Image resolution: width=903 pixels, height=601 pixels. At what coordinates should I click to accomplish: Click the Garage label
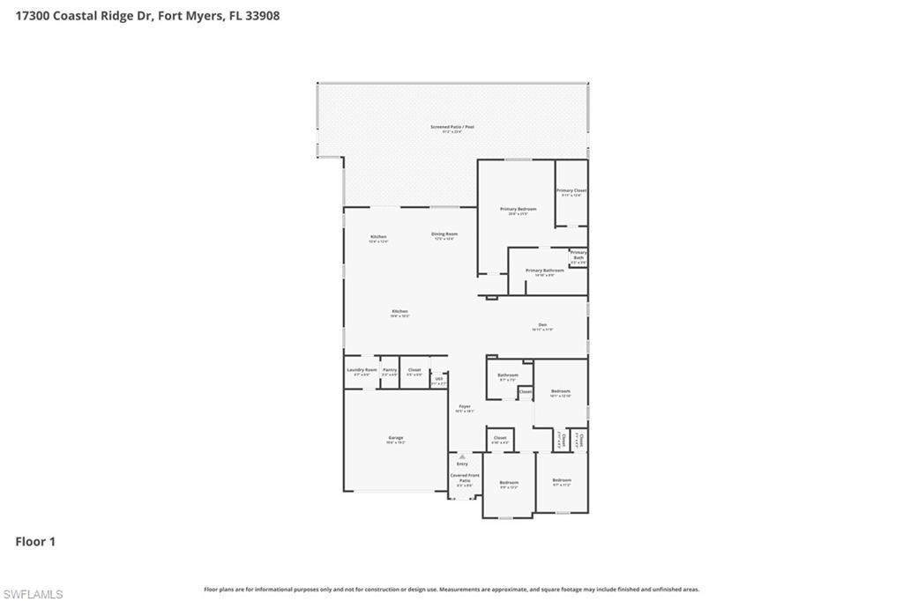396,438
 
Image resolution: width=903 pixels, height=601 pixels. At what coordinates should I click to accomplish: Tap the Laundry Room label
362,370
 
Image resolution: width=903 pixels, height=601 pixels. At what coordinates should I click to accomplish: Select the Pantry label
390,370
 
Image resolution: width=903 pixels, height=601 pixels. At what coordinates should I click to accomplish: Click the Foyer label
465,406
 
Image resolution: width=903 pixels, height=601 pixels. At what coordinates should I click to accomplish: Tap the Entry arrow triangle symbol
462,456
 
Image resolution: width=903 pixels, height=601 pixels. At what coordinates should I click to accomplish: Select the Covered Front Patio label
464,478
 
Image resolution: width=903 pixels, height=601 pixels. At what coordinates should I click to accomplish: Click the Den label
542,324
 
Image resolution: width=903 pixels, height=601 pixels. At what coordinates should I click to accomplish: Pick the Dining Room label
444,234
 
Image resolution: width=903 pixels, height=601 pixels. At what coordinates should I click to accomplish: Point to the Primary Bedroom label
518,210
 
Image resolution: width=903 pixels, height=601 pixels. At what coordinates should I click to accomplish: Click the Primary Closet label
571,191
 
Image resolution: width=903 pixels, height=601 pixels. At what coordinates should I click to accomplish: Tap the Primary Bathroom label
544,271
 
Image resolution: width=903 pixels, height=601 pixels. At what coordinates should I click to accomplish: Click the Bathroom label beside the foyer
508,375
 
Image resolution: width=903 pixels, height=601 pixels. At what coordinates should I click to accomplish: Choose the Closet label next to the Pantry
414,370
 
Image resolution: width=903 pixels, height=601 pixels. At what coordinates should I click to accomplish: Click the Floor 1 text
35,542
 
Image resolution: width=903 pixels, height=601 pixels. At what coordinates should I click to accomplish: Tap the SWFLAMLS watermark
33,595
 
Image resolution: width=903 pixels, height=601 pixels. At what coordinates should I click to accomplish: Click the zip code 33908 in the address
262,15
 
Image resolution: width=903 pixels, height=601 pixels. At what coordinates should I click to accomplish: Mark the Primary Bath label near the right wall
578,256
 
